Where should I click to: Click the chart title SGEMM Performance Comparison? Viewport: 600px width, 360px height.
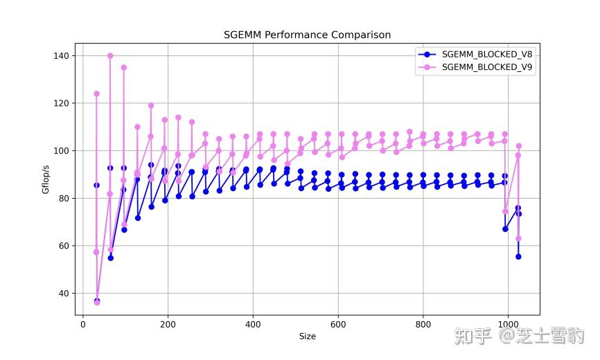[307, 35]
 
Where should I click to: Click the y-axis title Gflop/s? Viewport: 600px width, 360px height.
[46, 179]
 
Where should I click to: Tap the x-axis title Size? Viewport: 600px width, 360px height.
[307, 336]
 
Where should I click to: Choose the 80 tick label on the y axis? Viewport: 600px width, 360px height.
[64, 198]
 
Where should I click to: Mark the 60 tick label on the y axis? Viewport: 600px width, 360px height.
[64, 246]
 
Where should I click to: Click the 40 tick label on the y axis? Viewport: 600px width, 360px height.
[64, 294]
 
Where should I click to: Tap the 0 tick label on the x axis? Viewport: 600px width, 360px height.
[83, 324]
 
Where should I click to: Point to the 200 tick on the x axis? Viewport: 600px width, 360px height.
[168, 324]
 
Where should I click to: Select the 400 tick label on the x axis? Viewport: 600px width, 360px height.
[254, 324]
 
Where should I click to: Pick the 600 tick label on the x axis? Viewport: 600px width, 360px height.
[338, 324]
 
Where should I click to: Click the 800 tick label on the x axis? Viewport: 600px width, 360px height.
[423, 324]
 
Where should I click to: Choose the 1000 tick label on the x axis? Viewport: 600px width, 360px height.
[509, 324]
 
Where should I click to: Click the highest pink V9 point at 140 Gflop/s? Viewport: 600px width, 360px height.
[110, 55]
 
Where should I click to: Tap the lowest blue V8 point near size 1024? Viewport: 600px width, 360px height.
[518, 257]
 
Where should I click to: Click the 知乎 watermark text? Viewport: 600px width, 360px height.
[473, 337]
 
